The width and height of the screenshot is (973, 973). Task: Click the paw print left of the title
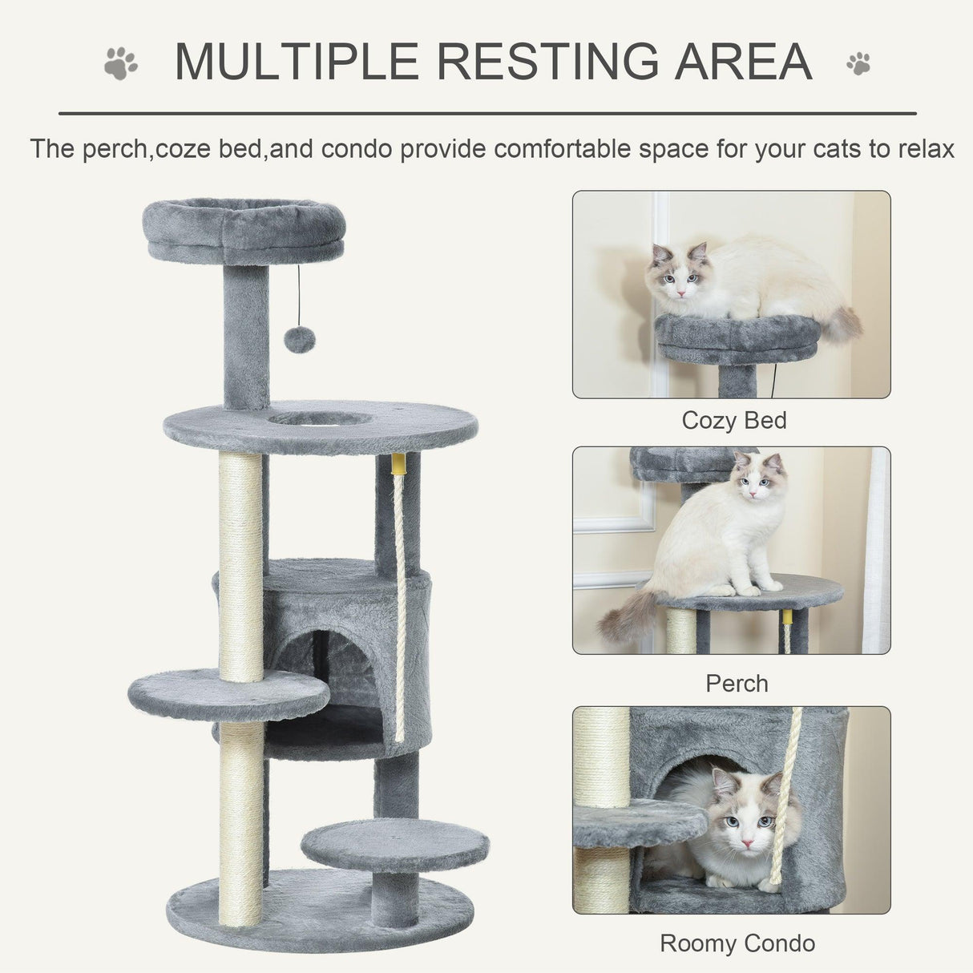point(120,63)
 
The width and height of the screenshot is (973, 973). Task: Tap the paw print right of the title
point(858,63)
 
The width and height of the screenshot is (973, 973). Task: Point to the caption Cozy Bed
point(733,420)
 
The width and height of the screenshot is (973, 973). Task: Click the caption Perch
point(737,683)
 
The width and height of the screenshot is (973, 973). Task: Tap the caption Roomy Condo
point(737,943)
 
